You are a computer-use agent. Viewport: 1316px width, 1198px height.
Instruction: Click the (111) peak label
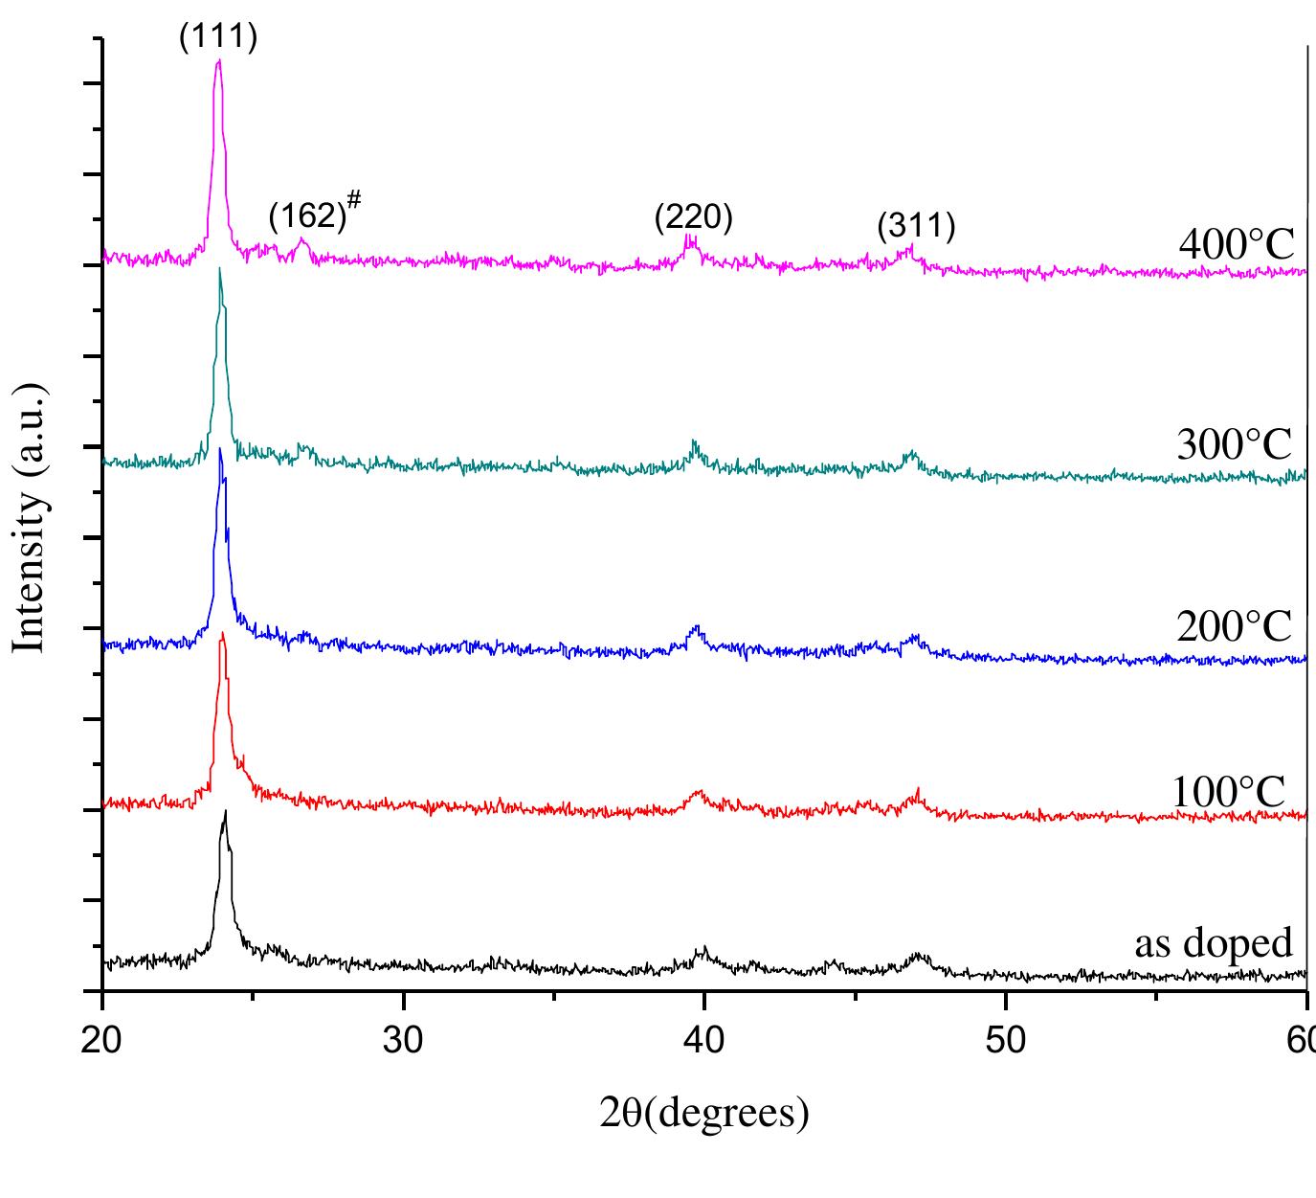[x=218, y=38]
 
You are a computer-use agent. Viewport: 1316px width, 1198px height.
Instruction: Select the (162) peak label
[x=306, y=217]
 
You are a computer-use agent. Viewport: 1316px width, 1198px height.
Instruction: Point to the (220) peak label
[x=693, y=217]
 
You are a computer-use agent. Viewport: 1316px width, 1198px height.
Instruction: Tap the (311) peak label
[x=916, y=227]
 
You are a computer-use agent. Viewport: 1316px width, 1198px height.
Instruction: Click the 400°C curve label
[x=1237, y=245]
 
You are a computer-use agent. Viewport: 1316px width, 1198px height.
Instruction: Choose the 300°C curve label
[x=1235, y=445]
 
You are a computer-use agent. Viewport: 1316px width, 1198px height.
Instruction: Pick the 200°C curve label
[x=1235, y=627]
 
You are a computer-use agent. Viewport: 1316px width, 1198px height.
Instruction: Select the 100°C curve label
[x=1230, y=792]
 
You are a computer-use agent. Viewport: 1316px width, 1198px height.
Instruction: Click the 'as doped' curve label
[x=1214, y=942]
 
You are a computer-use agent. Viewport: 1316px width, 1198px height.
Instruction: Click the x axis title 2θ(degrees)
[x=704, y=1113]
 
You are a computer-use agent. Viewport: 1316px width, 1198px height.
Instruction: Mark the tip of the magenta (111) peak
[x=219, y=60]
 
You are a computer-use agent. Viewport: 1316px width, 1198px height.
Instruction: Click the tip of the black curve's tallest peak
[x=225, y=811]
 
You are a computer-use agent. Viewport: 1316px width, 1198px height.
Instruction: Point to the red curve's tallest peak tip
[x=223, y=633]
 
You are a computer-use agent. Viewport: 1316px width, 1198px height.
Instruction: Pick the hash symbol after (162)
[x=354, y=198]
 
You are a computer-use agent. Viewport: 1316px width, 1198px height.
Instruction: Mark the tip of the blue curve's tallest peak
[x=221, y=448]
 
